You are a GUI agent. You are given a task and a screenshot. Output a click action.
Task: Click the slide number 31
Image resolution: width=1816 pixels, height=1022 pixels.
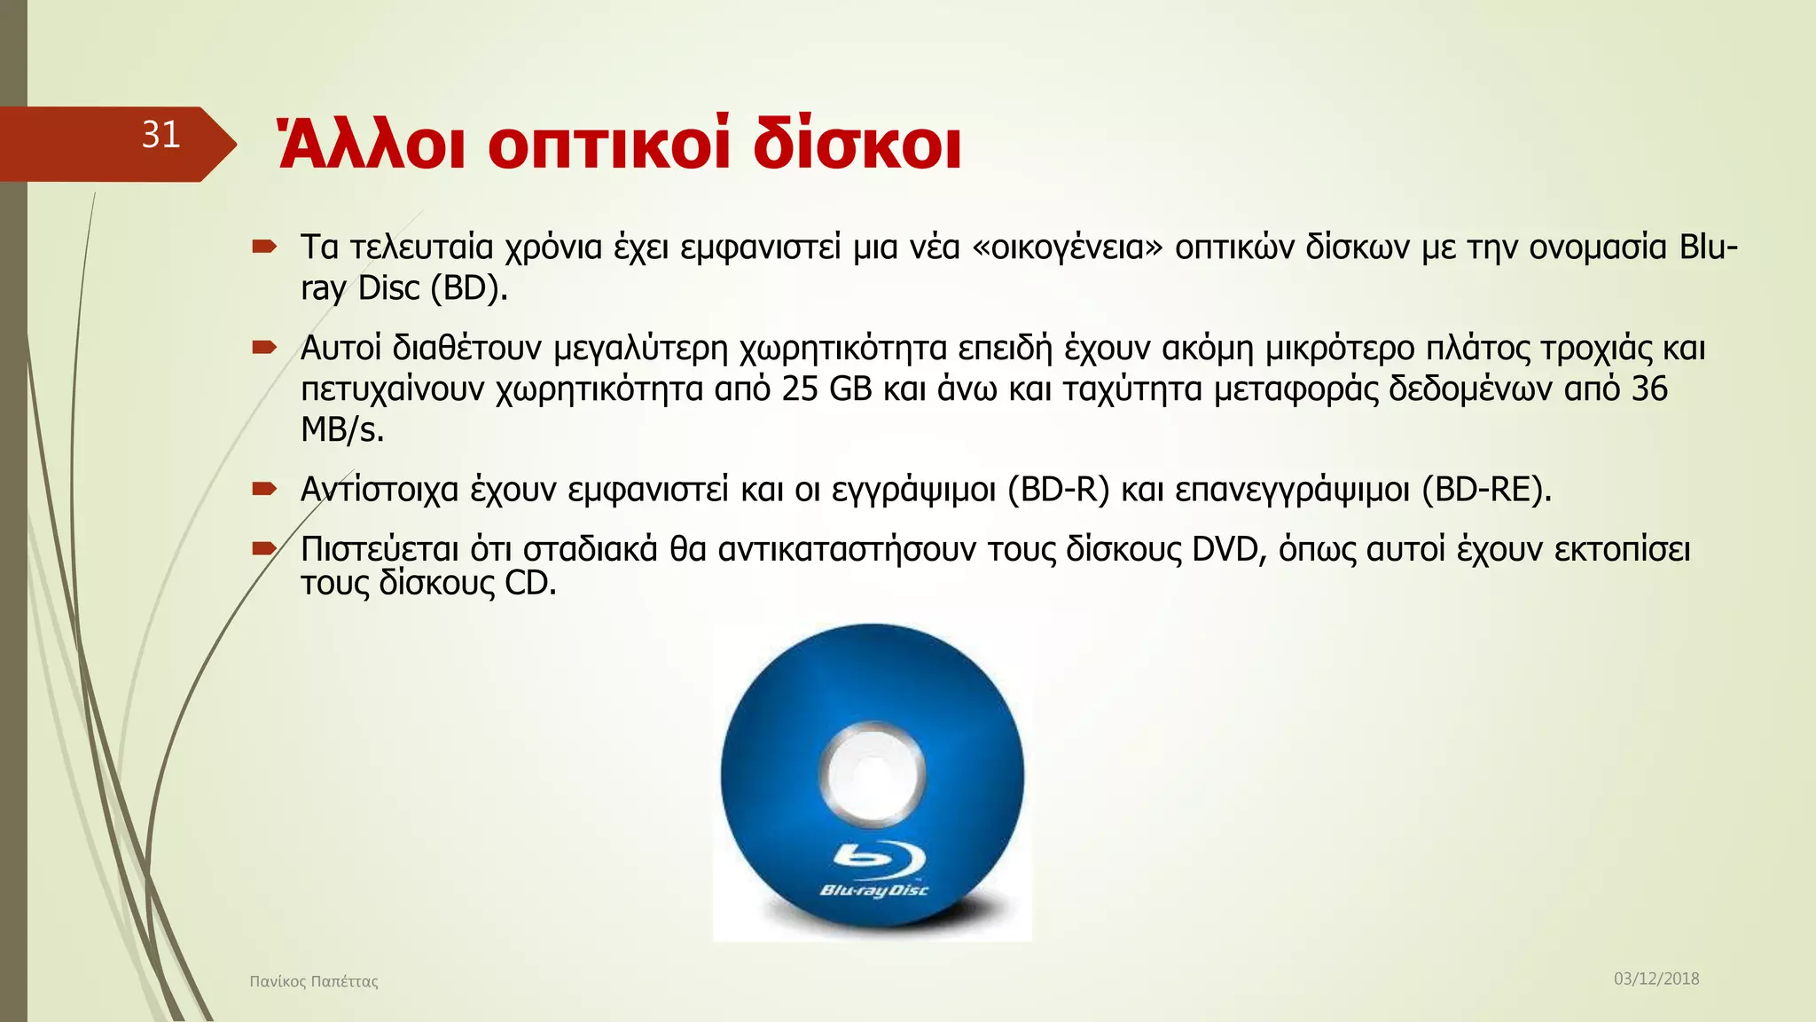[x=160, y=135]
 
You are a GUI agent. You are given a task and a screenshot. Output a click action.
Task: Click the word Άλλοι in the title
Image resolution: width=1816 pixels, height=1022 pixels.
[x=371, y=145]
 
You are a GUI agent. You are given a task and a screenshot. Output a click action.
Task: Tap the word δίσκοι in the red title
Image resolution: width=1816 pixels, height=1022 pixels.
[x=857, y=145]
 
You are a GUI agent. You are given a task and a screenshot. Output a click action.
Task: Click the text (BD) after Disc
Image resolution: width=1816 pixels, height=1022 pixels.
[x=468, y=288]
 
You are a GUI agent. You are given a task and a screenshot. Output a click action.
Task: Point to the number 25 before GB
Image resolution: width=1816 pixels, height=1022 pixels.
[x=800, y=389]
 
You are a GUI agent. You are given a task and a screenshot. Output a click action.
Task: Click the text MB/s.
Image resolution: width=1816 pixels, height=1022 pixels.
[x=342, y=430]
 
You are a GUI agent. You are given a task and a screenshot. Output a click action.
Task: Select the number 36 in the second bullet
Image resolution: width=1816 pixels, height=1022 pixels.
[x=1649, y=389]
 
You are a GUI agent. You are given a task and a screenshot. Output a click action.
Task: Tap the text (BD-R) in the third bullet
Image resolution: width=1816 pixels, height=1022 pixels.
[x=1059, y=490]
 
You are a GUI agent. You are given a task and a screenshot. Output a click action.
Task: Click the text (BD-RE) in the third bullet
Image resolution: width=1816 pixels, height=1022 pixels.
[x=1486, y=490]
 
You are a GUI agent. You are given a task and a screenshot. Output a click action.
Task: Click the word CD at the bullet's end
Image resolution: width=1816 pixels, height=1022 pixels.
[x=529, y=584]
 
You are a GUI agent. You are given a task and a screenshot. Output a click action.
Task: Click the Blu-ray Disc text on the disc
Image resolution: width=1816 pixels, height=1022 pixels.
[x=874, y=890]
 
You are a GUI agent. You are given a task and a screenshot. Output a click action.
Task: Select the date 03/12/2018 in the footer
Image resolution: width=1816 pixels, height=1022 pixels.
[x=1656, y=979]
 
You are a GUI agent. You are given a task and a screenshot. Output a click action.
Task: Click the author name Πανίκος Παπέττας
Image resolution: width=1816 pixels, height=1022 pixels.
[x=314, y=981]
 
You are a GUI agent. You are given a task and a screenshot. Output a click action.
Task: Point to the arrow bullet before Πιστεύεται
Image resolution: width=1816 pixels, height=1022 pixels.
[x=264, y=549]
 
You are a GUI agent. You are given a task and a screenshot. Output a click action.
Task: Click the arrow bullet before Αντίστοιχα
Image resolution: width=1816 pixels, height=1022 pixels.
[x=264, y=489]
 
